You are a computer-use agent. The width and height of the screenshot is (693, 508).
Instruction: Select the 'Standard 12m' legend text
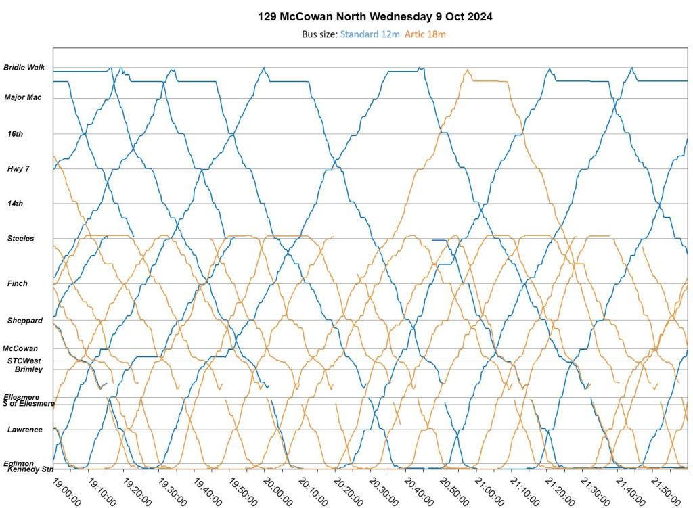pos(370,34)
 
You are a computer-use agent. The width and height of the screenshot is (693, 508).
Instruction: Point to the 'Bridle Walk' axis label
pos(24,68)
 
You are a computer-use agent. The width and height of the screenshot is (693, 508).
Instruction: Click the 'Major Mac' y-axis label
pos(23,97)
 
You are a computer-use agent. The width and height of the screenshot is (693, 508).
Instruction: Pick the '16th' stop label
pos(15,134)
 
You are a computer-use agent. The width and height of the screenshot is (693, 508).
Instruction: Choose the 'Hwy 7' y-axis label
pos(18,168)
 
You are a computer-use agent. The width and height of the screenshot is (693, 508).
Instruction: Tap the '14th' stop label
pos(15,204)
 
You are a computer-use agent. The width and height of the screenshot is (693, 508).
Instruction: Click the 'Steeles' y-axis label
pos(20,239)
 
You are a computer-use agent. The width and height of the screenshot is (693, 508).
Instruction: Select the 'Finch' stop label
pos(18,283)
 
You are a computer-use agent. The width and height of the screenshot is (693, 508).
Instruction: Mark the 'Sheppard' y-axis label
pos(24,320)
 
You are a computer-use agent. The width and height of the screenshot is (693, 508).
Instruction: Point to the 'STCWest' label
pos(24,361)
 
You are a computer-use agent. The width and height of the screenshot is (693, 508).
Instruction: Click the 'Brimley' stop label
pos(28,369)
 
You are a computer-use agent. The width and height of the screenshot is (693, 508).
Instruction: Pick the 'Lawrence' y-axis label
pos(24,430)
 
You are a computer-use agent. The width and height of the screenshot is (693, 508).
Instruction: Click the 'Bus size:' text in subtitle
pos(319,34)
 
